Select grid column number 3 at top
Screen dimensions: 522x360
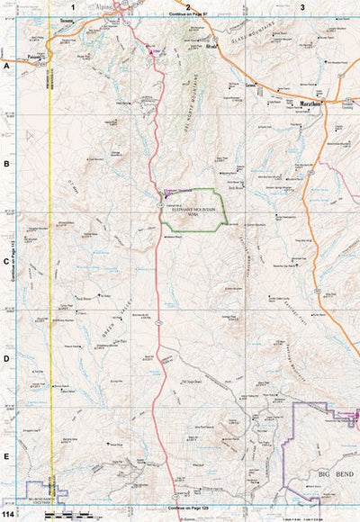point(302,7)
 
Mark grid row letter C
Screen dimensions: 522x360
point(6,262)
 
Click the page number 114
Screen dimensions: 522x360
point(8,515)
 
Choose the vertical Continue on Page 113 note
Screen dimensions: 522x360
point(13,262)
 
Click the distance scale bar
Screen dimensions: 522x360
point(67,516)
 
